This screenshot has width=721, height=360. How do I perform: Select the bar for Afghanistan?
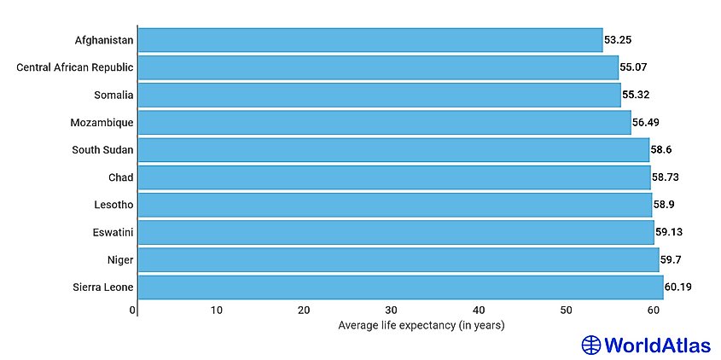click(369, 39)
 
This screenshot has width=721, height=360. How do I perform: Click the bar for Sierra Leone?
click(400, 287)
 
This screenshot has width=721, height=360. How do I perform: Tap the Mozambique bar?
click(384, 122)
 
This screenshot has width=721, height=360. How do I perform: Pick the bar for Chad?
click(393, 177)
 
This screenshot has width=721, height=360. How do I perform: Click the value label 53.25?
click(619, 39)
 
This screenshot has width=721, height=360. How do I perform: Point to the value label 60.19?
click(678, 287)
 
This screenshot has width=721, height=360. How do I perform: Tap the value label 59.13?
click(669, 232)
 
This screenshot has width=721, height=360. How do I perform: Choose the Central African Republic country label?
click(75, 67)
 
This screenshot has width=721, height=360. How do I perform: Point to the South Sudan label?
click(103, 150)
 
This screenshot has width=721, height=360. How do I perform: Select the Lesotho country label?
click(113, 205)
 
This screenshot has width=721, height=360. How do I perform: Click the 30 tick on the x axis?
click(391, 311)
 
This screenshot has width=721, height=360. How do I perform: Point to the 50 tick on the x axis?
click(565, 311)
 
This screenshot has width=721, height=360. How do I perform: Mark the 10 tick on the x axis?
click(217, 311)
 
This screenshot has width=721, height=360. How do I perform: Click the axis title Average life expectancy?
click(422, 325)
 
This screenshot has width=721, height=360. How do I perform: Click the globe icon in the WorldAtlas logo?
click(591, 345)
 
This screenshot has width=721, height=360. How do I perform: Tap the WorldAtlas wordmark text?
click(657, 345)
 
